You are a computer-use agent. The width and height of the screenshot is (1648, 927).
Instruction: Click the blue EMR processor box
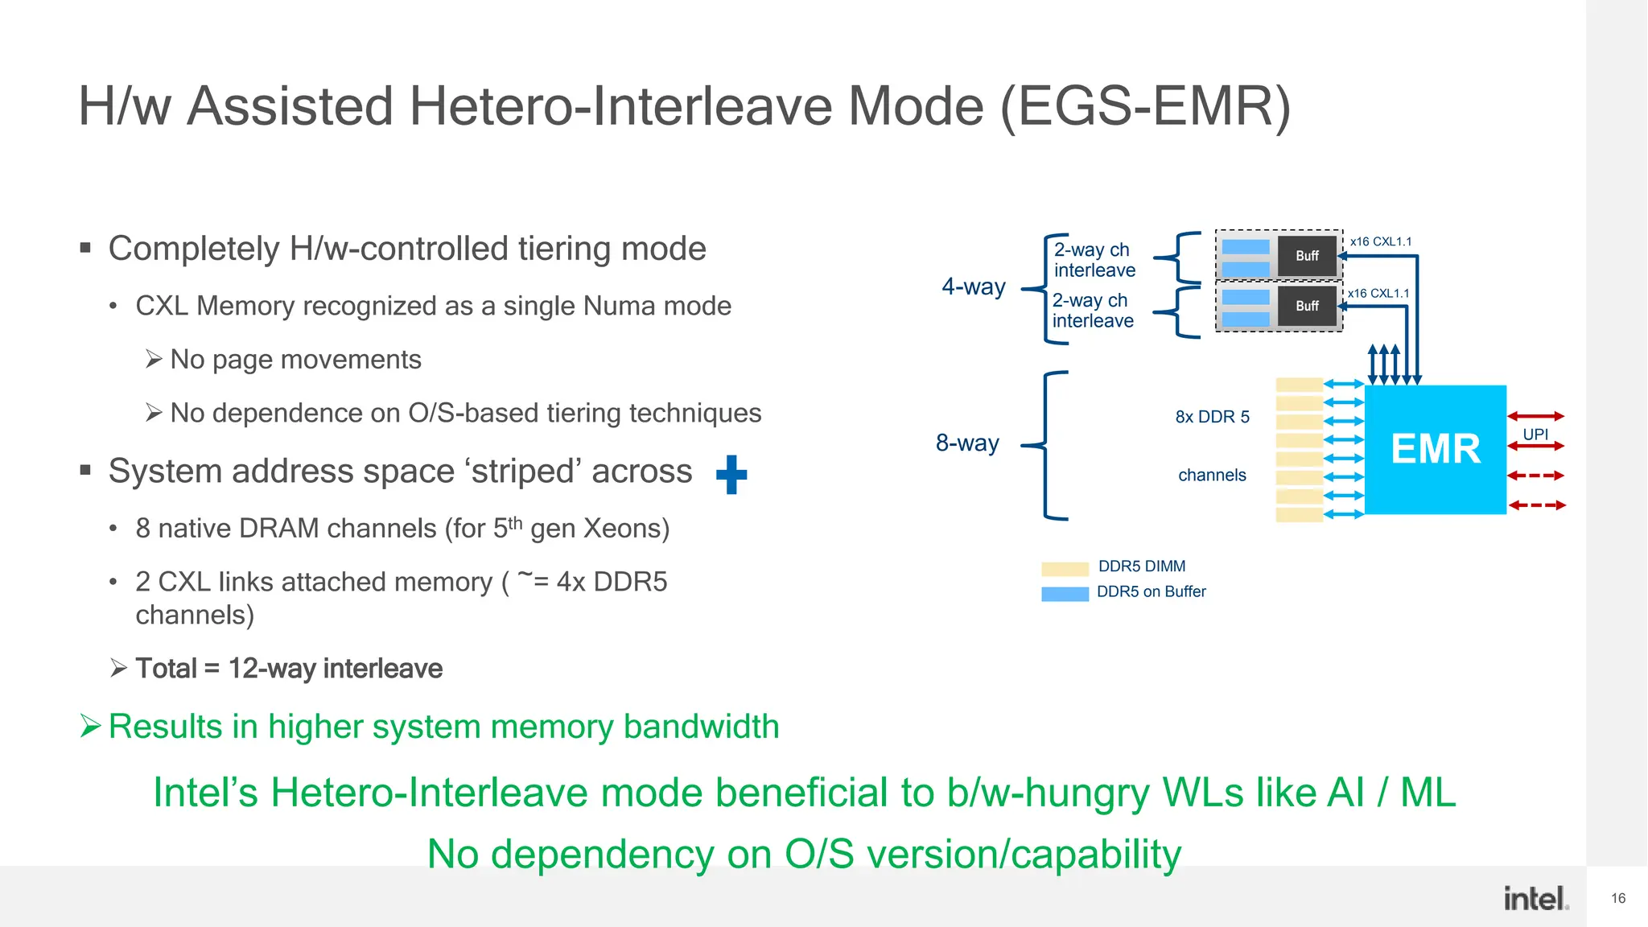pos(1435,449)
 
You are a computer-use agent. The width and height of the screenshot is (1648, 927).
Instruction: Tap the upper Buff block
pos(1307,256)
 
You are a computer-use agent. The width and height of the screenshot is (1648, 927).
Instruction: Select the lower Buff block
pos(1307,306)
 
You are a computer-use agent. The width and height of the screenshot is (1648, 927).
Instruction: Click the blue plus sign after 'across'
pos(731,475)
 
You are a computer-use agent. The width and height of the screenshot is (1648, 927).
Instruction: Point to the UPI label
pos(1535,434)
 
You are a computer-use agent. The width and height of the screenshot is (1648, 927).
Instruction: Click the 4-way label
pos(974,286)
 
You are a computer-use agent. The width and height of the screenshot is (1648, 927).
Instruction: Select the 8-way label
pos(967,443)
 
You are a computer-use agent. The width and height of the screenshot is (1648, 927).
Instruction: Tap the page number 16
pos(1618,898)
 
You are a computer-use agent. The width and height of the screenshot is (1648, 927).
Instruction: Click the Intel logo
pos(1536,898)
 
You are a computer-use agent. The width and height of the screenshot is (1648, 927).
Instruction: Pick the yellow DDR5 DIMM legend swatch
pos(1065,569)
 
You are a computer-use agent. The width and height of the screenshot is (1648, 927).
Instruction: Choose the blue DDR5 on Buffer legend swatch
pos(1065,594)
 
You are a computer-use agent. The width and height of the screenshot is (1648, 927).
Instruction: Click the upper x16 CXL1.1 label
pos(1381,241)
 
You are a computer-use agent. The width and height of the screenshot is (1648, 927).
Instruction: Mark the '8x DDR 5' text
pos(1212,417)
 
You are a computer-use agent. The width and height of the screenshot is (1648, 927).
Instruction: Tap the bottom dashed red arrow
pos(1537,505)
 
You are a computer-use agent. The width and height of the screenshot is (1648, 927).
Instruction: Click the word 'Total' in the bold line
pos(166,669)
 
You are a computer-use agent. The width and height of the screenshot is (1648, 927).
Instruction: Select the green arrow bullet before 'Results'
pos(91,727)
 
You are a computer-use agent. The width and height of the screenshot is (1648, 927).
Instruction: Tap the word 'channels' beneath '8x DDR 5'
pos(1212,476)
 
